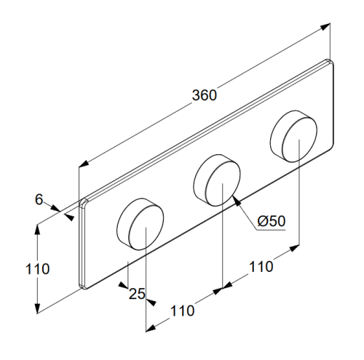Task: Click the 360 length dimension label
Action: (204, 95)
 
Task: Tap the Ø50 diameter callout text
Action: (272, 221)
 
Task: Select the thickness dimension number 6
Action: (39, 199)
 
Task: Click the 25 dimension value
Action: (137, 294)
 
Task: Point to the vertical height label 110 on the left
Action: (38, 269)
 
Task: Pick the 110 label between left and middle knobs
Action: (183, 311)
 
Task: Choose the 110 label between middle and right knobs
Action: (261, 267)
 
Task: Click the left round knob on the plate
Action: (141, 224)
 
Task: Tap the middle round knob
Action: (217, 180)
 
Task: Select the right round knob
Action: (293, 137)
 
